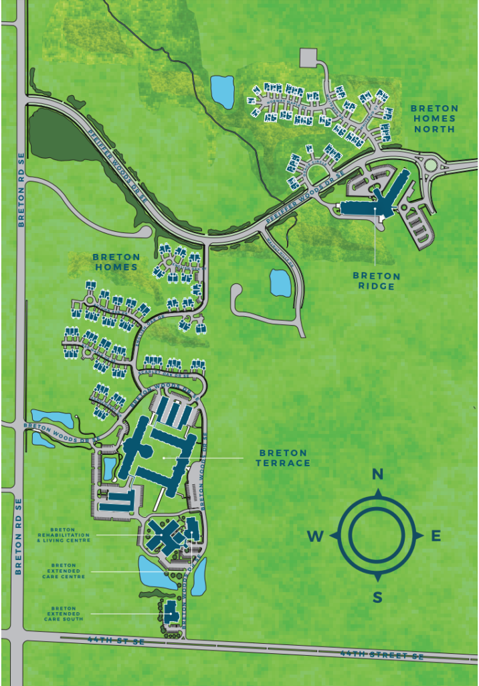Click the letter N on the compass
coord(377,475)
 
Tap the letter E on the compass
coord(436,535)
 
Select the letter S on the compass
coord(377,598)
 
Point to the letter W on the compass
coord(316,536)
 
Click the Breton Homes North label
coord(434,119)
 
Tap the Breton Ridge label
coord(377,281)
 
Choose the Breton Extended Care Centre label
coord(68,571)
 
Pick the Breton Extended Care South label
coord(68,614)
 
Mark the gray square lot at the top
coord(310,57)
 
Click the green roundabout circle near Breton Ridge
coord(430,165)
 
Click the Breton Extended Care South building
coord(171,612)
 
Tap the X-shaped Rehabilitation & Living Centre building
coord(164,534)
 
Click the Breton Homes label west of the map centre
coord(116,261)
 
